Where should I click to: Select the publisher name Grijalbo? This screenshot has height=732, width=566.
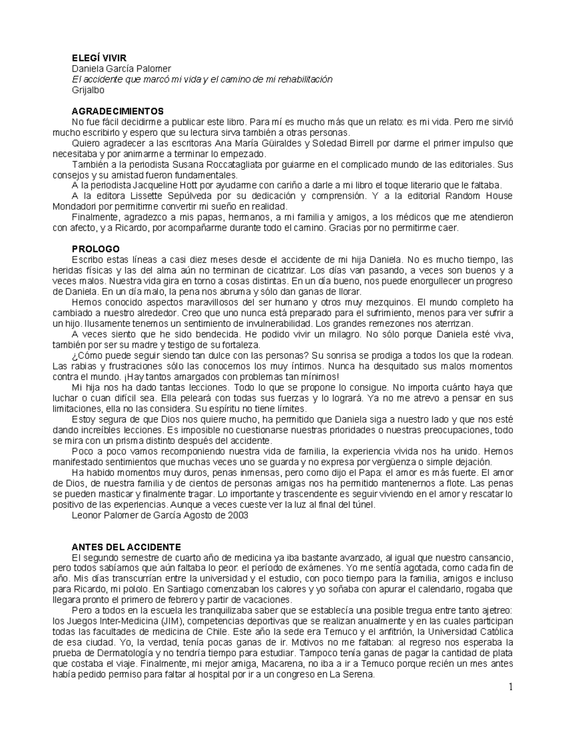pos(88,90)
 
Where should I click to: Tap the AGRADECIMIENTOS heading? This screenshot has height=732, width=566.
pos(117,111)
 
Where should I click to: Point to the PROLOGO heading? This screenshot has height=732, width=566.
pos(95,249)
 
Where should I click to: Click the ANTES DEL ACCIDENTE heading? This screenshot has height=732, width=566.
pos(126,547)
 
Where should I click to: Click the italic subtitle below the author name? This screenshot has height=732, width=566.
pos(201,79)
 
